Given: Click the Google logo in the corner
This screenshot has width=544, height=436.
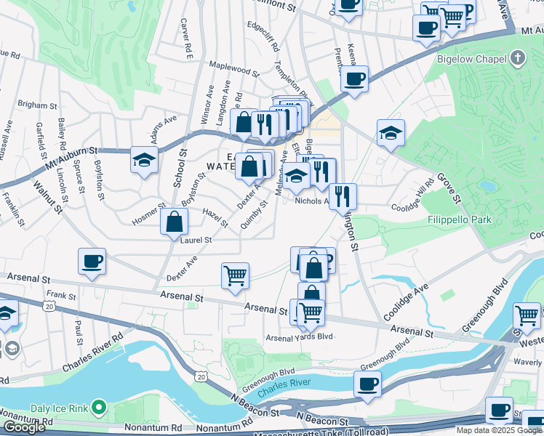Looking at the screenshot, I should (23, 428).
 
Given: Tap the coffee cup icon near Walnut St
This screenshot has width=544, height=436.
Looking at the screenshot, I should (92, 262).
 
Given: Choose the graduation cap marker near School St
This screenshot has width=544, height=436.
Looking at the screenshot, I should (144, 159).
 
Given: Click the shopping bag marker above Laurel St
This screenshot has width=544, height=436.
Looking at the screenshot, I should (174, 222).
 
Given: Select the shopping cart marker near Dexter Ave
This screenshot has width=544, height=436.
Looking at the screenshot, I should (235, 275).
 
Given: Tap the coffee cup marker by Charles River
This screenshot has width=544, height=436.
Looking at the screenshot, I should (367, 383).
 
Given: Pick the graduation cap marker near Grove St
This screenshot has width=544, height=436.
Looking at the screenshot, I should (391, 133).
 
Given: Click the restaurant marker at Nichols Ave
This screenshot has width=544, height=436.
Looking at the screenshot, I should (343, 195).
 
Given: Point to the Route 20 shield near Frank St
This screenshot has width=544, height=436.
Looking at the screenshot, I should (49, 307).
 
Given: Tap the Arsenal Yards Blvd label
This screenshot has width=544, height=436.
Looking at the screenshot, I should (298, 337).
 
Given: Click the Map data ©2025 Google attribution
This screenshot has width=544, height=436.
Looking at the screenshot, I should (499, 430).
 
